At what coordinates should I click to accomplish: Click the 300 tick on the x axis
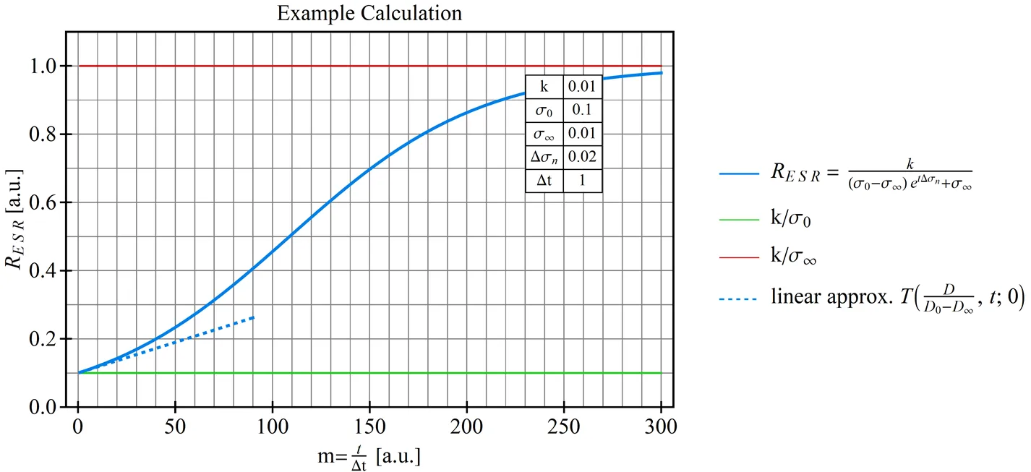coord(661,426)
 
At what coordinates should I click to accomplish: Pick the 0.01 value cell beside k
coord(581,87)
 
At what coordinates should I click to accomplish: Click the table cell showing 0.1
coord(581,111)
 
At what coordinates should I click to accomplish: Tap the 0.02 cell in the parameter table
coord(581,156)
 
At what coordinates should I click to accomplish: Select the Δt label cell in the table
coord(544,181)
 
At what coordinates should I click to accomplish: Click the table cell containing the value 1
coord(581,181)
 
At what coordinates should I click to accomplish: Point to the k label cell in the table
coord(544,87)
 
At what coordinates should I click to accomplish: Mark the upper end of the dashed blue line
coord(254,317)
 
